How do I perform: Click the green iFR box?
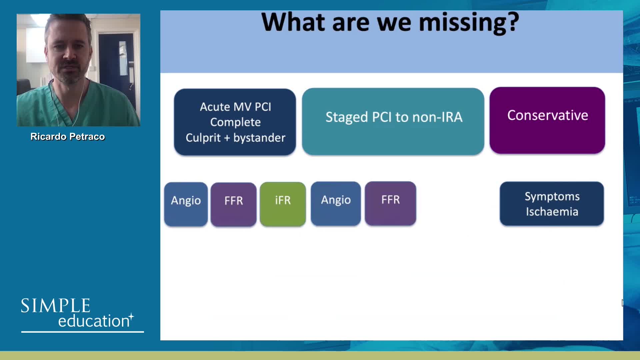coord(283,204)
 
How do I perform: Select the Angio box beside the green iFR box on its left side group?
coord(186,204)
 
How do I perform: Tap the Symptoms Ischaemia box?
coord(552,204)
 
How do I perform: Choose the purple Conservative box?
coord(547,120)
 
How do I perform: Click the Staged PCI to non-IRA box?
coord(393,121)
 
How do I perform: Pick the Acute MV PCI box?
coord(235,122)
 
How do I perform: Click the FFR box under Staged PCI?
coord(390,203)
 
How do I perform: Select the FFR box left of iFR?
coord(234,204)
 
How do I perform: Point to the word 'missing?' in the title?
coord(469,23)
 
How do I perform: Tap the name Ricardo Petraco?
coord(68,137)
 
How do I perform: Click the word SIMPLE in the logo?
coord(56,306)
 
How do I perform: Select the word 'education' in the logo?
coord(94,321)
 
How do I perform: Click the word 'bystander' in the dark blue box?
coord(259,138)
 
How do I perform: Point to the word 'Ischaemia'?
coord(552,212)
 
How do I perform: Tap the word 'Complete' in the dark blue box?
coord(235,122)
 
